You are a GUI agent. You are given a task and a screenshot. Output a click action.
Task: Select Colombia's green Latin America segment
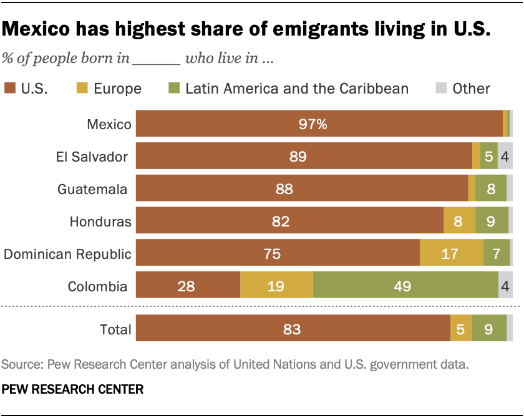pos(405,286)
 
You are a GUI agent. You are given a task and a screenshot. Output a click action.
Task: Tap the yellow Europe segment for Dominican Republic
pos(451,254)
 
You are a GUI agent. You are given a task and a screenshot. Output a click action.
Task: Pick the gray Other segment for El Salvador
pos(505,157)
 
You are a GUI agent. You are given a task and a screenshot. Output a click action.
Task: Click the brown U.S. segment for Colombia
pos(188,286)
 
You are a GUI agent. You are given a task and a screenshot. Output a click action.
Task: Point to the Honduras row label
pos(100,221)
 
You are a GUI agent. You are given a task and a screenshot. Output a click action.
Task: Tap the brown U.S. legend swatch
pos(10,88)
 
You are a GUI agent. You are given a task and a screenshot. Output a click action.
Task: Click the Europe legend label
pos(117,89)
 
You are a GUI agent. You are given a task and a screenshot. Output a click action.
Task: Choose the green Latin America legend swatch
pos(175,88)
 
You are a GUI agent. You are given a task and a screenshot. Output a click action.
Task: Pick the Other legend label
pos(472,89)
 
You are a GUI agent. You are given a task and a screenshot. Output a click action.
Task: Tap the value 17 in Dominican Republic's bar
pos(450,254)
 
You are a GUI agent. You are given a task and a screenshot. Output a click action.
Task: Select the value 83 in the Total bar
pos(292,329)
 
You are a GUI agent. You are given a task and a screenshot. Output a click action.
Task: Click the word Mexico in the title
pos(46,29)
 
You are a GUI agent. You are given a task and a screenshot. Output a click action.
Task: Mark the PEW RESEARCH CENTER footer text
pos(73,389)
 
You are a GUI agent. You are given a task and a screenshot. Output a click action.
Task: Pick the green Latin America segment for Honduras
pos(492,221)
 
